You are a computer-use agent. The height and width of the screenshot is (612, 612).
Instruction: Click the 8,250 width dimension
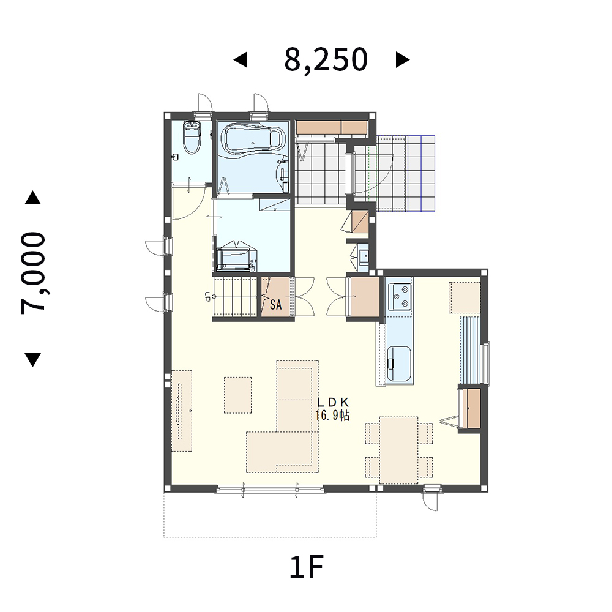coord(326,60)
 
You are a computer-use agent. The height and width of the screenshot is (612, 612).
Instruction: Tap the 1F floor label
coord(307,567)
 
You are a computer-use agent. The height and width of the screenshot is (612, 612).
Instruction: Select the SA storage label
coord(275,304)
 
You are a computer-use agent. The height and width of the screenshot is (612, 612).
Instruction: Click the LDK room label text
coord(332,403)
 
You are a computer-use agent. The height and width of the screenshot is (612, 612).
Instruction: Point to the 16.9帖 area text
coord(332,416)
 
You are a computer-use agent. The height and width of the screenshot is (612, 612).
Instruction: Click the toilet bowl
coord(192,137)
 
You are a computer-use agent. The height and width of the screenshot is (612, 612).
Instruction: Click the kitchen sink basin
coord(399,364)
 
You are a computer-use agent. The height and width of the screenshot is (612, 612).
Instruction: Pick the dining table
coord(398,450)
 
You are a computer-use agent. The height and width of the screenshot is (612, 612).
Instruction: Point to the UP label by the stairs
coord(207,297)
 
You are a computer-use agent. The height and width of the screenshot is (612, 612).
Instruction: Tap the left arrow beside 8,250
coord(241,60)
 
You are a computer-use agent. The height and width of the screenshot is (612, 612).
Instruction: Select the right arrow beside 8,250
coord(403,60)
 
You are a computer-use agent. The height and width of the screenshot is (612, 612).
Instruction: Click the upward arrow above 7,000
coord(33,198)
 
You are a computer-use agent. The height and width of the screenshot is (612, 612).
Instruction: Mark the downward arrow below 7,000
coord(33,360)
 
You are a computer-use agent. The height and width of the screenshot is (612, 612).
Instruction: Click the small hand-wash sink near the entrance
coord(364,256)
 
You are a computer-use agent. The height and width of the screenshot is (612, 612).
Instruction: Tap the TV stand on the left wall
coord(182,411)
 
